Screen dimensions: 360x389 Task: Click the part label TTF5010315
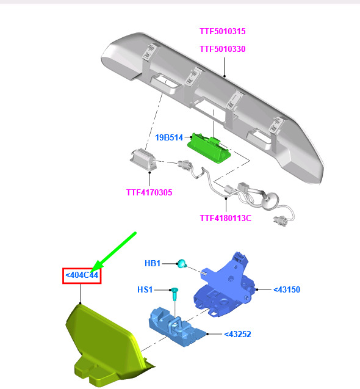click(222, 31)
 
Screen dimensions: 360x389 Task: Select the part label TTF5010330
click(222, 49)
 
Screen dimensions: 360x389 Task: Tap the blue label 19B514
click(169, 137)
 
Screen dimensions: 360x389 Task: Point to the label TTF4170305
click(149, 192)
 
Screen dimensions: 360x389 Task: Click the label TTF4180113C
click(226, 218)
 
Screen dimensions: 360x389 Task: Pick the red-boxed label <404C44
click(82, 275)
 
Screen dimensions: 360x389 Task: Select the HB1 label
click(153, 263)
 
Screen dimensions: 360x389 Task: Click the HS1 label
click(145, 289)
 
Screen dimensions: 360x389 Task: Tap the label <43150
click(287, 289)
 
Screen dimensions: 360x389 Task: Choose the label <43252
click(237, 334)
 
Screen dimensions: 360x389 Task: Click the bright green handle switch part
click(209, 149)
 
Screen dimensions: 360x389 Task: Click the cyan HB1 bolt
click(182, 263)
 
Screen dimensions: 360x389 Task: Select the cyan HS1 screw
click(175, 293)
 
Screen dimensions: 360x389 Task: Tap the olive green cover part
click(104, 345)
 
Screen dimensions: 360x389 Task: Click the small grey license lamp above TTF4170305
click(144, 160)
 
